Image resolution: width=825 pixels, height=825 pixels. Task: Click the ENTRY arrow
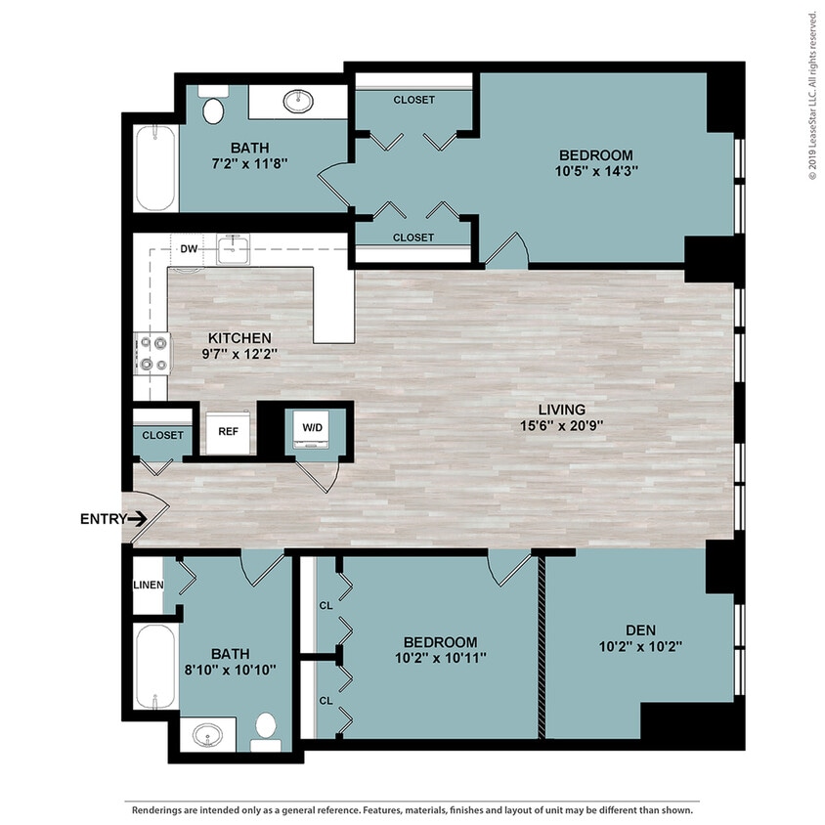(x=137, y=519)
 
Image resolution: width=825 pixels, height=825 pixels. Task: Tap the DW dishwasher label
(x=189, y=249)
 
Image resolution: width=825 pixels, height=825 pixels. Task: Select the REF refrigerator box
(x=228, y=432)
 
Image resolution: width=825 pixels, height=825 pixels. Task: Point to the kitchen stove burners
(x=153, y=354)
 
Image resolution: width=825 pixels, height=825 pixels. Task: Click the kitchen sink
(x=233, y=249)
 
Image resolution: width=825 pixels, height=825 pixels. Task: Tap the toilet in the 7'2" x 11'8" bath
(x=213, y=105)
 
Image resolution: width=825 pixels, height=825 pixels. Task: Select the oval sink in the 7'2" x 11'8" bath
(x=298, y=101)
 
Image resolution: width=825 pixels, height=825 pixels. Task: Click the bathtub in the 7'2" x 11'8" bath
(x=155, y=168)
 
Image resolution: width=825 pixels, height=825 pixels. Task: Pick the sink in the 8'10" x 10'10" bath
(x=208, y=734)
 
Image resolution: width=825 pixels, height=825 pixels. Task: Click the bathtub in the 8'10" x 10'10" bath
(x=155, y=667)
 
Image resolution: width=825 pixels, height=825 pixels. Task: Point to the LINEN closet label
(x=149, y=586)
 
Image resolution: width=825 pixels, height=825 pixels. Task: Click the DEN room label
(x=641, y=630)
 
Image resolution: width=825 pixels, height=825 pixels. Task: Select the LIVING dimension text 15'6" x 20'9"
(x=562, y=425)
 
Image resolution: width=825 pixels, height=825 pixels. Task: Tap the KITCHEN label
(x=239, y=338)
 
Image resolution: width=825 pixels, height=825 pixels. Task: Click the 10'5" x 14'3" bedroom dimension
(x=596, y=171)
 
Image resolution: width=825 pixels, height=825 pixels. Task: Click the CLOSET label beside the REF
(x=162, y=436)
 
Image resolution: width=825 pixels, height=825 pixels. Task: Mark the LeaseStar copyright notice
(x=813, y=95)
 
